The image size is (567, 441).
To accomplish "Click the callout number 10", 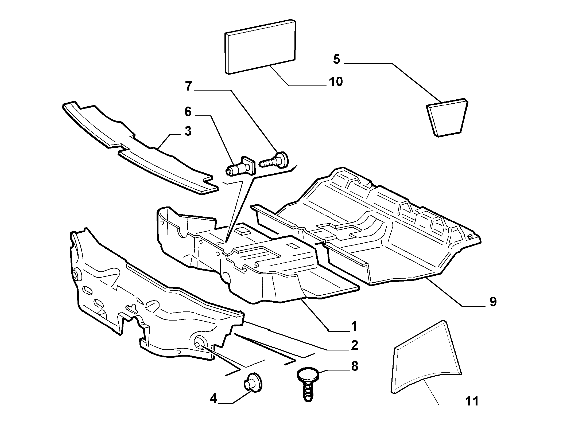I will (336, 81).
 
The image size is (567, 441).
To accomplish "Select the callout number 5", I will (336, 60).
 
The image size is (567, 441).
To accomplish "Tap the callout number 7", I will (188, 86).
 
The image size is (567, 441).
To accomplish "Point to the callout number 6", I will (188, 112).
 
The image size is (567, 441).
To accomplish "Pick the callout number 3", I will (188, 131).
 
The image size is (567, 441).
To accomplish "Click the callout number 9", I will (493, 302).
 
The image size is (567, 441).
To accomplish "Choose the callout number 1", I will (354, 326).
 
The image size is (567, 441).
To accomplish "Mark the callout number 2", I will (354, 345).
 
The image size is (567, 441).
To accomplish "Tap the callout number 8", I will (354, 366).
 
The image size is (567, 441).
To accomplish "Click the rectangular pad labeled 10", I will (261, 47).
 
